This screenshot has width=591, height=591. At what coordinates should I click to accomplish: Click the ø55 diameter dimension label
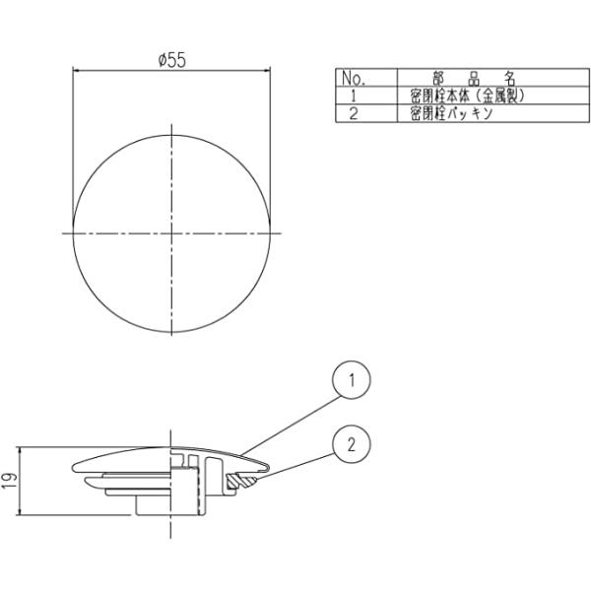tap(172, 60)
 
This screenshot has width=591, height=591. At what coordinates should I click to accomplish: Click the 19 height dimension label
tap(11, 481)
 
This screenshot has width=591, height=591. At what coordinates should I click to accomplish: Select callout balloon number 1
tap(352, 380)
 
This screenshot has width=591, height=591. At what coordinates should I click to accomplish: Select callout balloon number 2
tap(352, 445)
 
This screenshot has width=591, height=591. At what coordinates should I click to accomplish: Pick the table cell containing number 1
tap(354, 97)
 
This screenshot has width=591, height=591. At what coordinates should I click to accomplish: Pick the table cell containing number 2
tap(354, 113)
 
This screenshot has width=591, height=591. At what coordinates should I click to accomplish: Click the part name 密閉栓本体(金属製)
tap(467, 97)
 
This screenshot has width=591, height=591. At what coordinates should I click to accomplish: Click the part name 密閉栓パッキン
tap(451, 113)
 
